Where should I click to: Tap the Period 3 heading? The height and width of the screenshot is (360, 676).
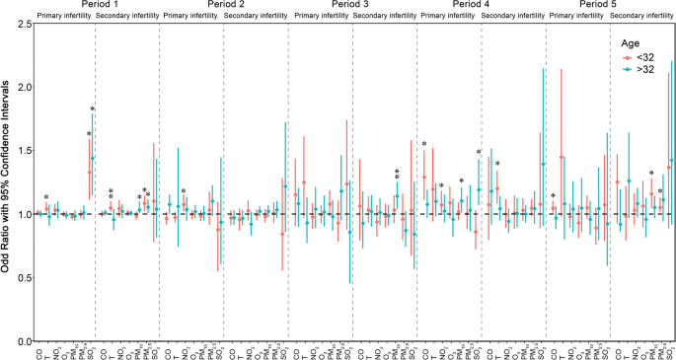point(352,6)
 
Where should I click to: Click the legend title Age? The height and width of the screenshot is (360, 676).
point(631,43)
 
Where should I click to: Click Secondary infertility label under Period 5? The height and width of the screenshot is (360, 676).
point(640,17)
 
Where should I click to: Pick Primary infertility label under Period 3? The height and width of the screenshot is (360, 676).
point(321,17)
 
